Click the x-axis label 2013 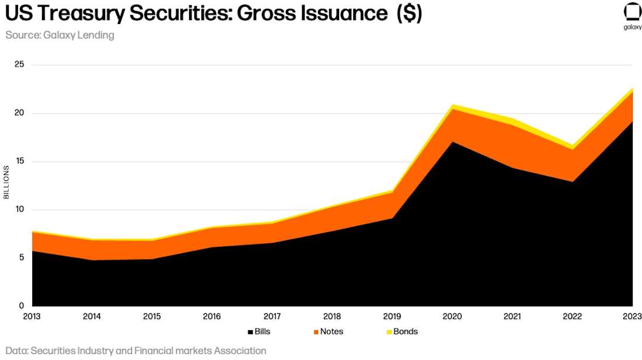pos(32,316)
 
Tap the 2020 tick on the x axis pos(452,316)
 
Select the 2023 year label pos(632,316)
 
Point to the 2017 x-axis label pos(272,316)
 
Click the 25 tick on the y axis pos(19,64)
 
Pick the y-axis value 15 pos(19,161)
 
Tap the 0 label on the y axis pos(22,306)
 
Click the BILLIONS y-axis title pos(6,182)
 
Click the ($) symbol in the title pos(409,14)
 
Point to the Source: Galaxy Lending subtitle pos(60,35)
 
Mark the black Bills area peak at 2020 pos(452,142)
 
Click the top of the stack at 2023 pos(632,89)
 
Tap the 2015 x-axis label pos(152,316)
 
